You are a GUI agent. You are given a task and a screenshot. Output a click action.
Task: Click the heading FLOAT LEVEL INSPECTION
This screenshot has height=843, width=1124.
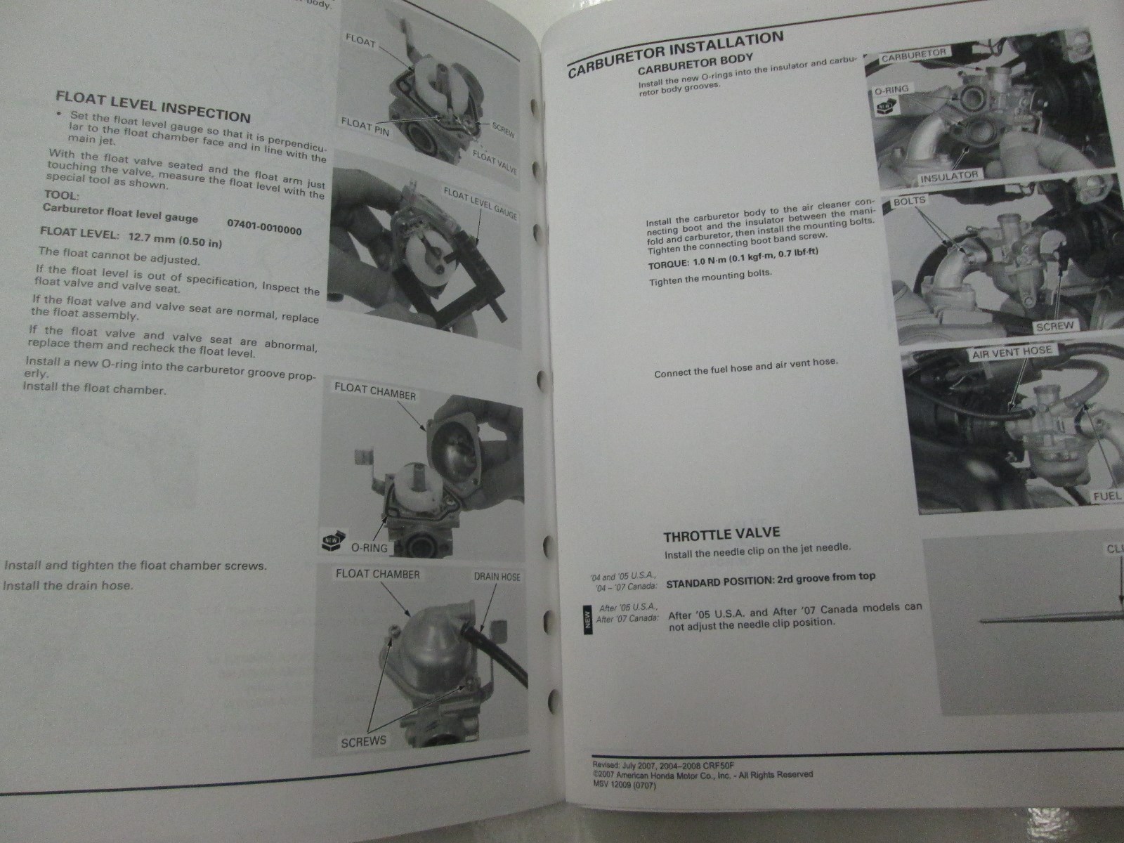[153, 107]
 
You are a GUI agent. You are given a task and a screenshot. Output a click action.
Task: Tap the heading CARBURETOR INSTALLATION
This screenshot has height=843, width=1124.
[675, 53]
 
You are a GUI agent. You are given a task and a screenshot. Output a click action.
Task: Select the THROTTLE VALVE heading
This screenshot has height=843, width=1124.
[722, 535]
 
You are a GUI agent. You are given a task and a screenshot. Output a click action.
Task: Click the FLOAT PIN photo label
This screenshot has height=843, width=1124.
[365, 127]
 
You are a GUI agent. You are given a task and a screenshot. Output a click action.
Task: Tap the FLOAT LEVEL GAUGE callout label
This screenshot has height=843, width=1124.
[481, 203]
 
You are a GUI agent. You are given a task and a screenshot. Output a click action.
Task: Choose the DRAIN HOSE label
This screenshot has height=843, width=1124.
[497, 577]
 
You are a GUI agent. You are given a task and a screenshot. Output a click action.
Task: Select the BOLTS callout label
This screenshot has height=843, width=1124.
[910, 201]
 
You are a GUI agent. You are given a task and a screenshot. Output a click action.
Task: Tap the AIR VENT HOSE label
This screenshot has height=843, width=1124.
[1012, 352]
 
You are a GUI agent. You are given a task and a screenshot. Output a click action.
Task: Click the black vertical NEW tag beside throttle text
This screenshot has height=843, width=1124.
[588, 620]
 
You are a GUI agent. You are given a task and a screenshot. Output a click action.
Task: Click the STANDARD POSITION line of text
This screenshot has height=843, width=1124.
[771, 580]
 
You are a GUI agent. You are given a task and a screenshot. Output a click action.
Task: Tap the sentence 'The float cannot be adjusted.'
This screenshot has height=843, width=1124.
[119, 256]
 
